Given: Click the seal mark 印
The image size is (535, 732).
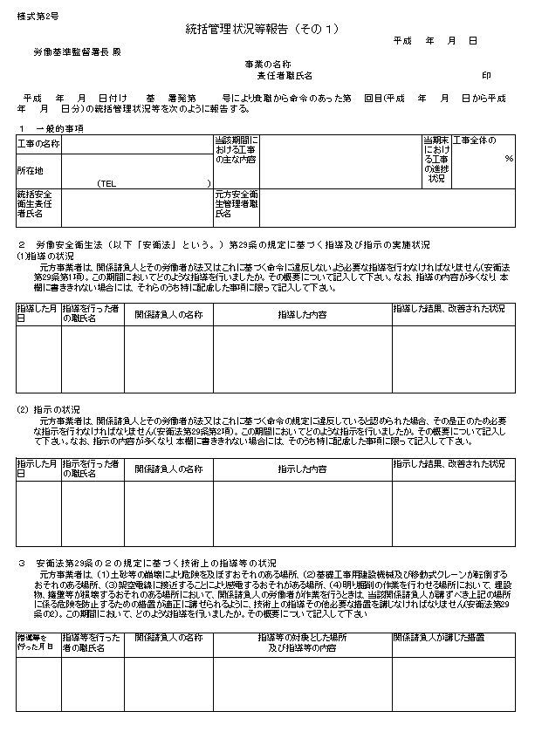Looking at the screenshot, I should tap(487, 76).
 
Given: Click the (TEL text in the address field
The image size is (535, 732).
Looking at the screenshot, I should tap(107, 183).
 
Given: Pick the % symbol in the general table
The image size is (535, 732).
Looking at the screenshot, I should tap(508, 159).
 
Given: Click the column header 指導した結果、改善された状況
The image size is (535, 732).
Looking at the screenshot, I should tap(449, 310).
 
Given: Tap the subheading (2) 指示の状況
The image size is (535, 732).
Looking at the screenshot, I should tap(47, 408).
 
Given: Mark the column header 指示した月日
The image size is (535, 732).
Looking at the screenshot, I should tap(38, 468).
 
